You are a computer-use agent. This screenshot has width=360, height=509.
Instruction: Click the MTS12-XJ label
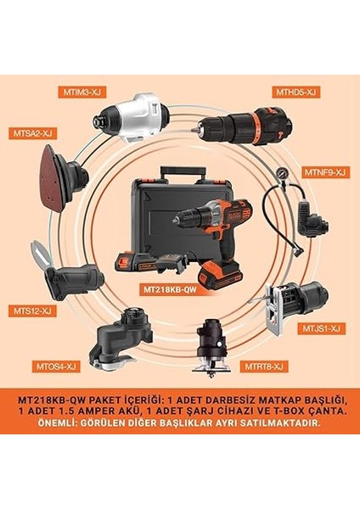click(x=34, y=310)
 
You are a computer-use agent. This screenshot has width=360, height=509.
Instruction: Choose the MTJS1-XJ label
click(x=322, y=327)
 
